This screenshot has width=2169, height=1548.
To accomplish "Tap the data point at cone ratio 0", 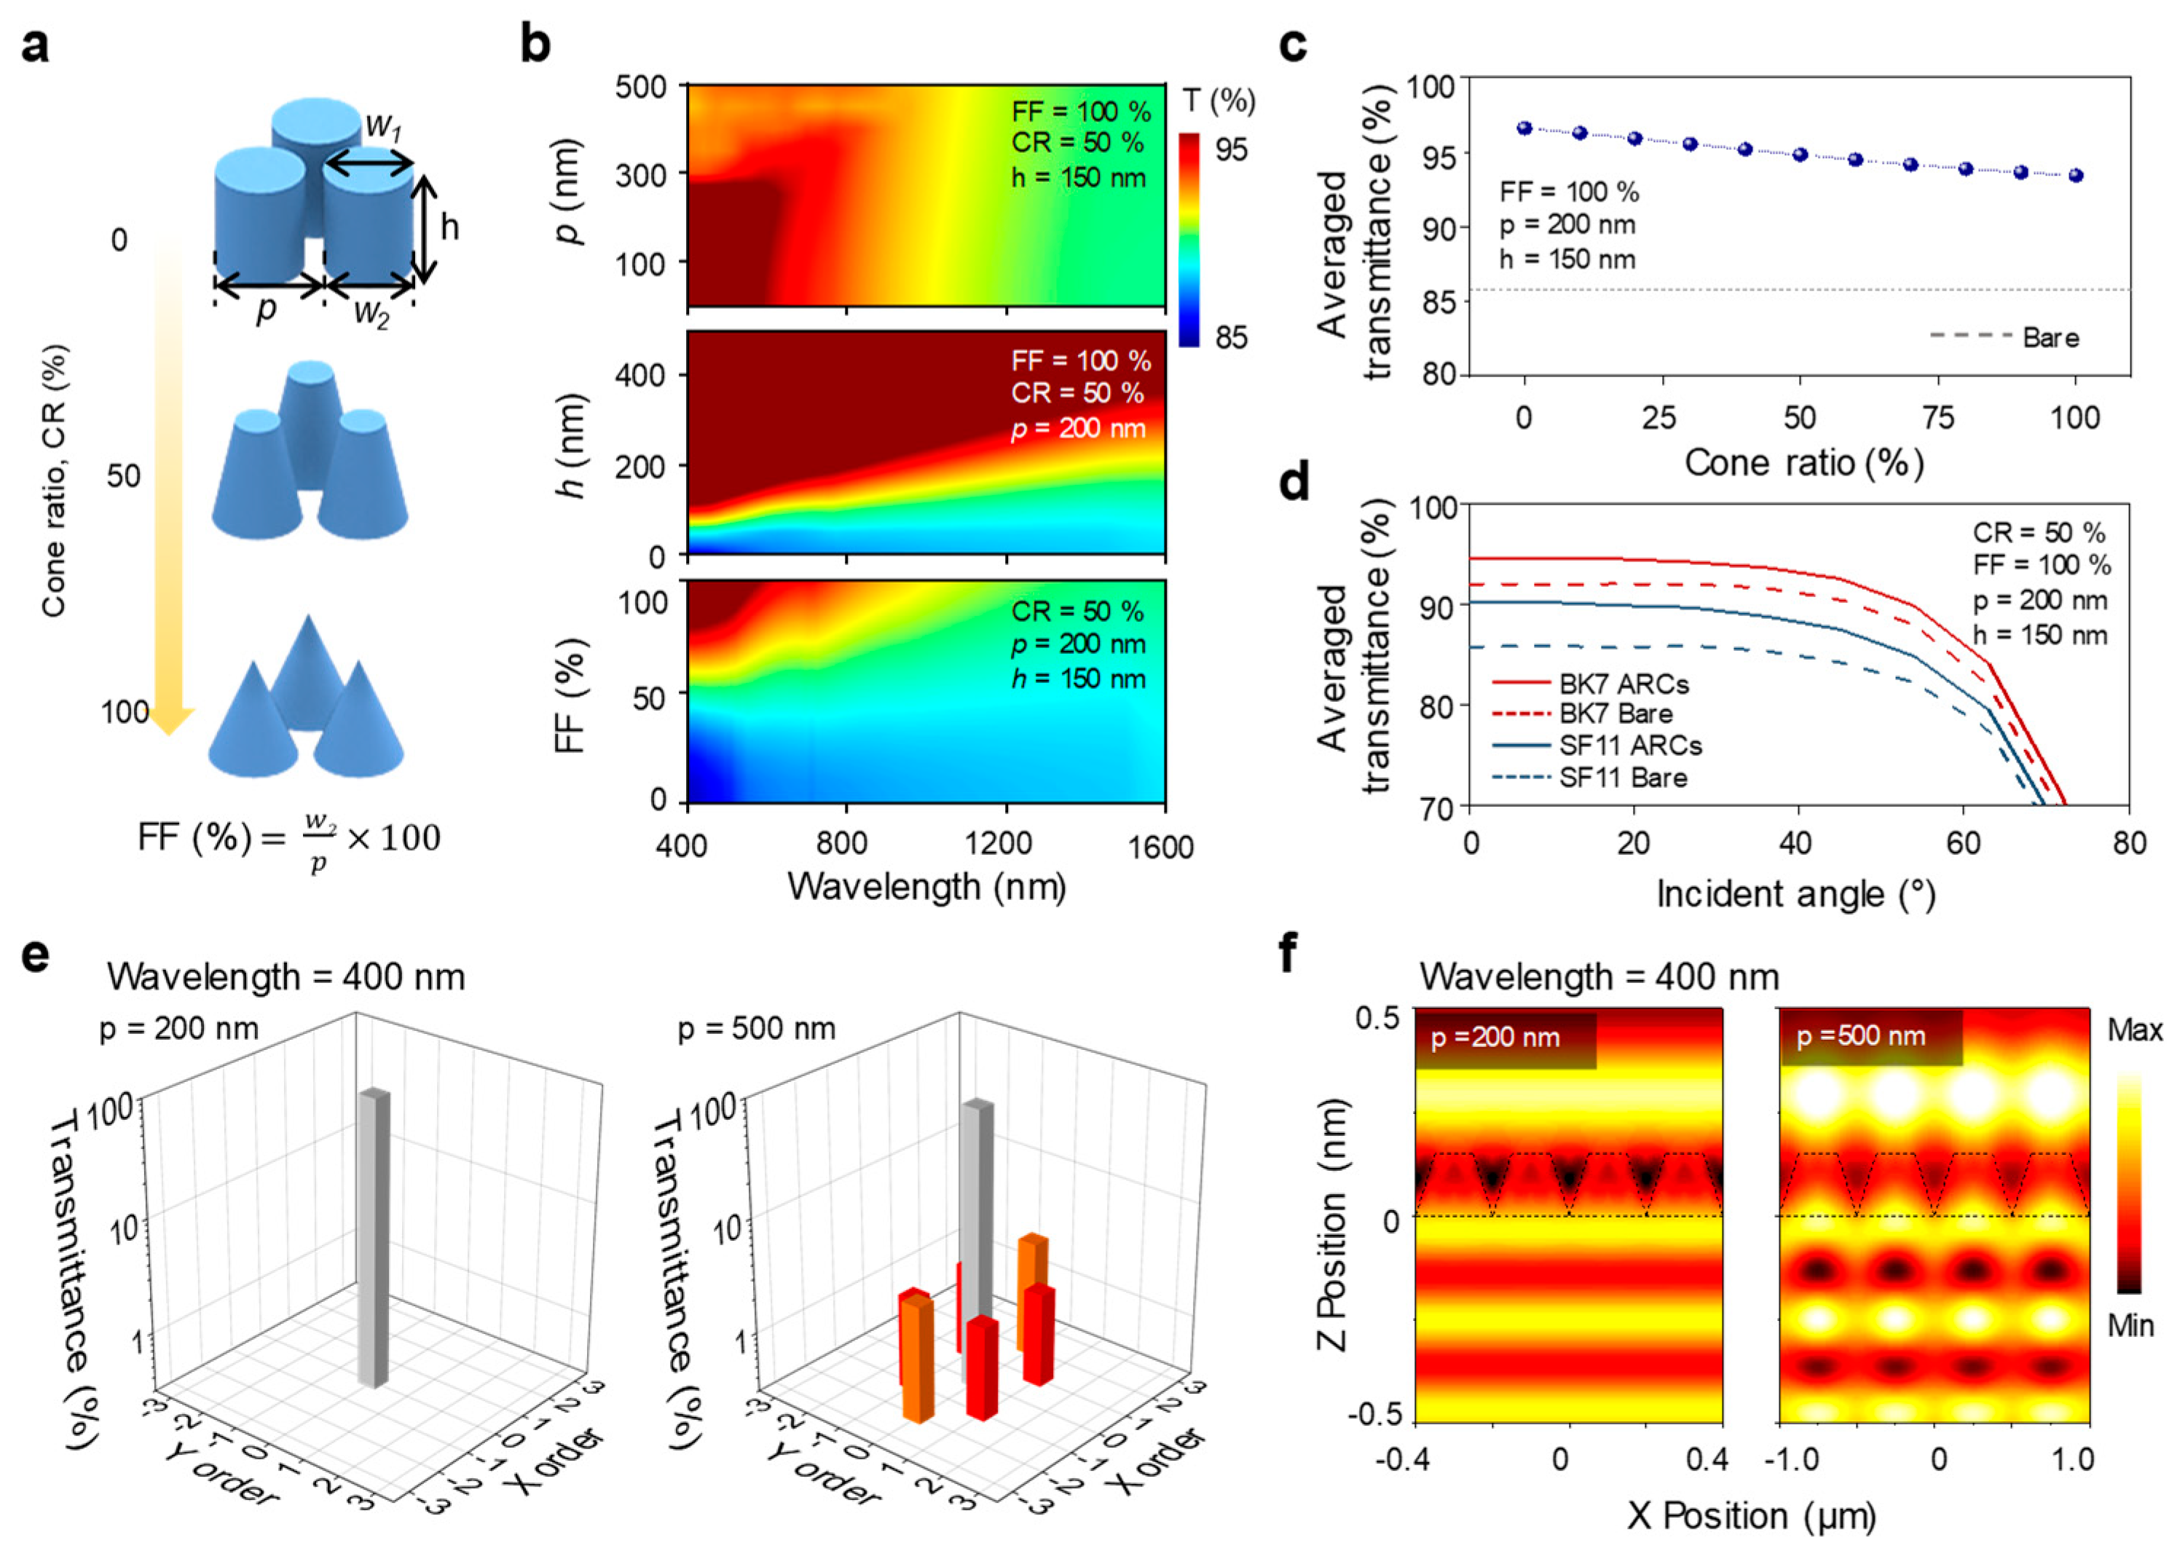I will pos(1524,127).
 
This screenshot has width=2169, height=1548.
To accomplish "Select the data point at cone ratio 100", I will pos(2076,175).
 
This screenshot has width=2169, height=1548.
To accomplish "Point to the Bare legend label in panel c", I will pos(2051,337).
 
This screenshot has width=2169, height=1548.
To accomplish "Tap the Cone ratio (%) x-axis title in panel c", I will pos(1804,463).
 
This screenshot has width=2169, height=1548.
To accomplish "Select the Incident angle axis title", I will pos(1795,895).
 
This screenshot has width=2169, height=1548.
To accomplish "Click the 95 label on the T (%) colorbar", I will pos(1231,150).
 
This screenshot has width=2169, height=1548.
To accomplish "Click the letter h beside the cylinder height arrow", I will pos(449,227).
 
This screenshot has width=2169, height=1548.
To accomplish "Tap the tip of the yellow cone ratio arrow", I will pos(169,731).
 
